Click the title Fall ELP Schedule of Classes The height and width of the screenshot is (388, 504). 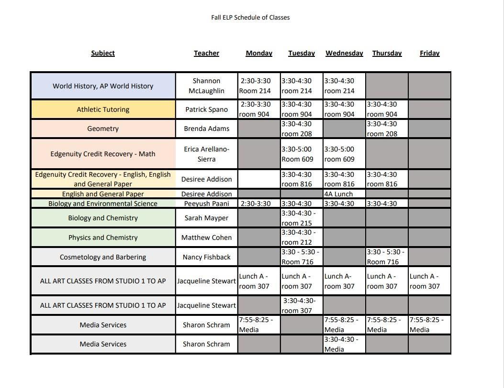(x=250, y=17)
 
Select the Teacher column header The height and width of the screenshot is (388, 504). (x=206, y=53)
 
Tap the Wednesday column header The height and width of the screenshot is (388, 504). (x=344, y=53)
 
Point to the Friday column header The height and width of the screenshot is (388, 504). (x=429, y=53)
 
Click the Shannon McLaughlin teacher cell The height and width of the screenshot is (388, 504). (x=206, y=86)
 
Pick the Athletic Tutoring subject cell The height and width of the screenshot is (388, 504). (x=103, y=109)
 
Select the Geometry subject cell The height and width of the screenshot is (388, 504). (x=103, y=129)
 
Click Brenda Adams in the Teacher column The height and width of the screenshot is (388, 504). (x=206, y=129)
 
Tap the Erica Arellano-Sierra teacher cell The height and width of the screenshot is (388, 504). (x=206, y=154)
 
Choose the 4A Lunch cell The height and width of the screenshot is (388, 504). (x=344, y=194)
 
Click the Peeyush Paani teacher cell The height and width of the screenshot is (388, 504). (x=206, y=204)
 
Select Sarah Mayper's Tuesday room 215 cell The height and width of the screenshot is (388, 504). (x=302, y=218)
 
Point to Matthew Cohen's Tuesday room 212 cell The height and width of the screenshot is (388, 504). (x=302, y=237)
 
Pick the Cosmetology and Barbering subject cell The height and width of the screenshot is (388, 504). (x=103, y=257)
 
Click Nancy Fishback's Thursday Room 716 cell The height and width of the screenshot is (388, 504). (x=387, y=257)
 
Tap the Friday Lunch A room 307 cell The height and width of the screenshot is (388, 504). (x=429, y=281)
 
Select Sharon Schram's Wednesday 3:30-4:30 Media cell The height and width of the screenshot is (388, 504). (x=344, y=344)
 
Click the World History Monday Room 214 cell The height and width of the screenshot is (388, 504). (x=259, y=86)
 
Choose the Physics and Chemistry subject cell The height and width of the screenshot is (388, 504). (x=103, y=237)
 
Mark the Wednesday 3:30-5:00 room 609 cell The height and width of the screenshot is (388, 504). (x=344, y=154)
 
